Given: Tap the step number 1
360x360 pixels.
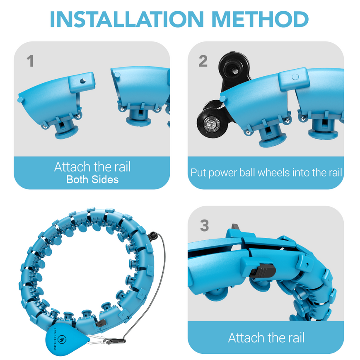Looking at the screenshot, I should (x=30, y=61).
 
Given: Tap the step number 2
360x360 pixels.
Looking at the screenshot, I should (x=203, y=61).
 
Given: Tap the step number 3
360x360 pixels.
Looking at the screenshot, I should (x=204, y=226).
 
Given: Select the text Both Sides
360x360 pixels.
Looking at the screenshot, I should (x=92, y=180).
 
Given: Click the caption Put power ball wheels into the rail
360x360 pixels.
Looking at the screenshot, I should (x=266, y=172).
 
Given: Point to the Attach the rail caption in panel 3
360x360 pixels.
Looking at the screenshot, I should (x=266, y=337).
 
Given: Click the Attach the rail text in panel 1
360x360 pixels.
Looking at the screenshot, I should (x=92, y=167).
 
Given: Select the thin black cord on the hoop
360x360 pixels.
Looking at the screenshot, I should (x=158, y=273).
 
